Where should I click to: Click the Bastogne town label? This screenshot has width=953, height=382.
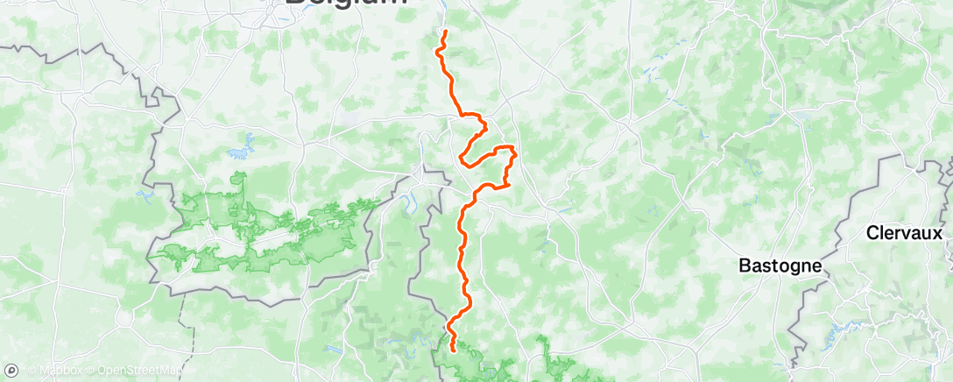(x=781, y=265)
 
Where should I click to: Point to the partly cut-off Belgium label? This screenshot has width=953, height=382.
(x=346, y=4)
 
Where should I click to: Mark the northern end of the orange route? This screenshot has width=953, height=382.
(x=446, y=32)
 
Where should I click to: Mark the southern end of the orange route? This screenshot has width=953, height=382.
(x=453, y=350)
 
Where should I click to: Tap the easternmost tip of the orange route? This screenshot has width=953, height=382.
(x=516, y=155)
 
